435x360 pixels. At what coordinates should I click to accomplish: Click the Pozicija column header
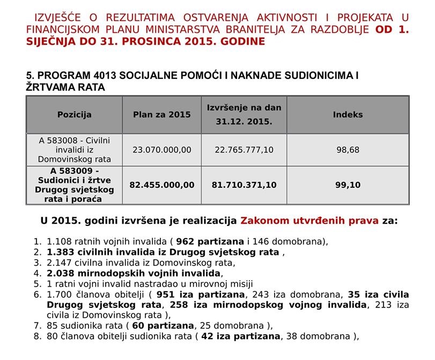point(75,114)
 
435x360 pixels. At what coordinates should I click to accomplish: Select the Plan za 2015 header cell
point(162,114)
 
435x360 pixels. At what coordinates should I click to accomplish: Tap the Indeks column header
point(348,114)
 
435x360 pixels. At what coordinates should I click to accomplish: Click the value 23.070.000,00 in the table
point(162,150)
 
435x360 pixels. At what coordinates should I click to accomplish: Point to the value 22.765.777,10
point(244,150)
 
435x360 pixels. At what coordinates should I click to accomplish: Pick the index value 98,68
point(348,150)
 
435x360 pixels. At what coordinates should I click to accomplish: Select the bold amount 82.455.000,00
point(162,185)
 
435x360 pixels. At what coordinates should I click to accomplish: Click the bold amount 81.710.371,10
point(244,185)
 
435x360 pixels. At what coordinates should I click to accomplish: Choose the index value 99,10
point(348,185)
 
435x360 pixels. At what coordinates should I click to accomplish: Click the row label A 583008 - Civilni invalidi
point(75,150)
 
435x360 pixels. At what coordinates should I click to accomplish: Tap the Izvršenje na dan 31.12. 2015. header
point(244,114)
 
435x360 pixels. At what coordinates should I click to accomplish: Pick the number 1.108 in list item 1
point(58,241)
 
